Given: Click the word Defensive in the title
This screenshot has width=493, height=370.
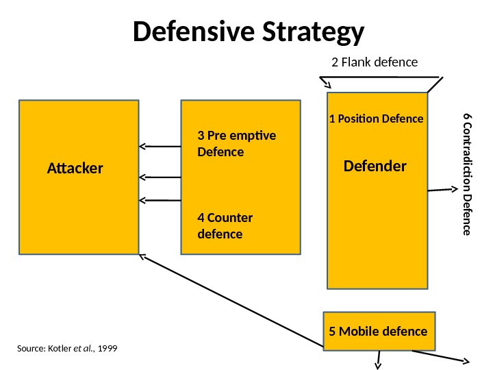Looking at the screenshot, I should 194,32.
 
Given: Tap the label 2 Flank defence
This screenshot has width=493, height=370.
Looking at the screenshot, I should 374,62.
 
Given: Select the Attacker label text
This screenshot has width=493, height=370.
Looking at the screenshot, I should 75,167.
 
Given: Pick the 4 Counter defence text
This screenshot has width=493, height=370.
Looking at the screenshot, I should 225,226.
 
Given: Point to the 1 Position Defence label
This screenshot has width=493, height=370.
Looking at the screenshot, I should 377,119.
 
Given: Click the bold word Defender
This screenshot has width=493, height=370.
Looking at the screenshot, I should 375,166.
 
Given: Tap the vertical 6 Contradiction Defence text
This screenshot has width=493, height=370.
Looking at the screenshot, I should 467,174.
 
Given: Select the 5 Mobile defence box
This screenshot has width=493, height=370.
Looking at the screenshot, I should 378,332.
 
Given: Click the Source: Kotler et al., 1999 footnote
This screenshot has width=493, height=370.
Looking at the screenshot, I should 66,349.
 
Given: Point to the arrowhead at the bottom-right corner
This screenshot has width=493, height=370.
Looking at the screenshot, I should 465,361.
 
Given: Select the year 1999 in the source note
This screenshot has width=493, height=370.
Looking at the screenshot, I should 108,349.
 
